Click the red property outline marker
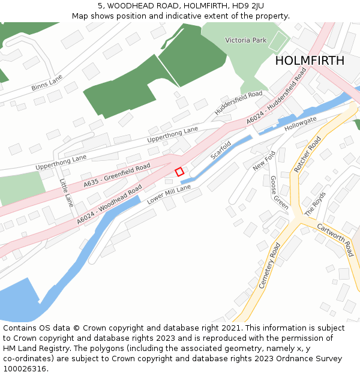179,172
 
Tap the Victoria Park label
245,40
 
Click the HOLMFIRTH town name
310,61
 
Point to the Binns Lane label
47,83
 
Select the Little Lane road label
66,192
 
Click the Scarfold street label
221,150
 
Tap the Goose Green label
278,192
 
